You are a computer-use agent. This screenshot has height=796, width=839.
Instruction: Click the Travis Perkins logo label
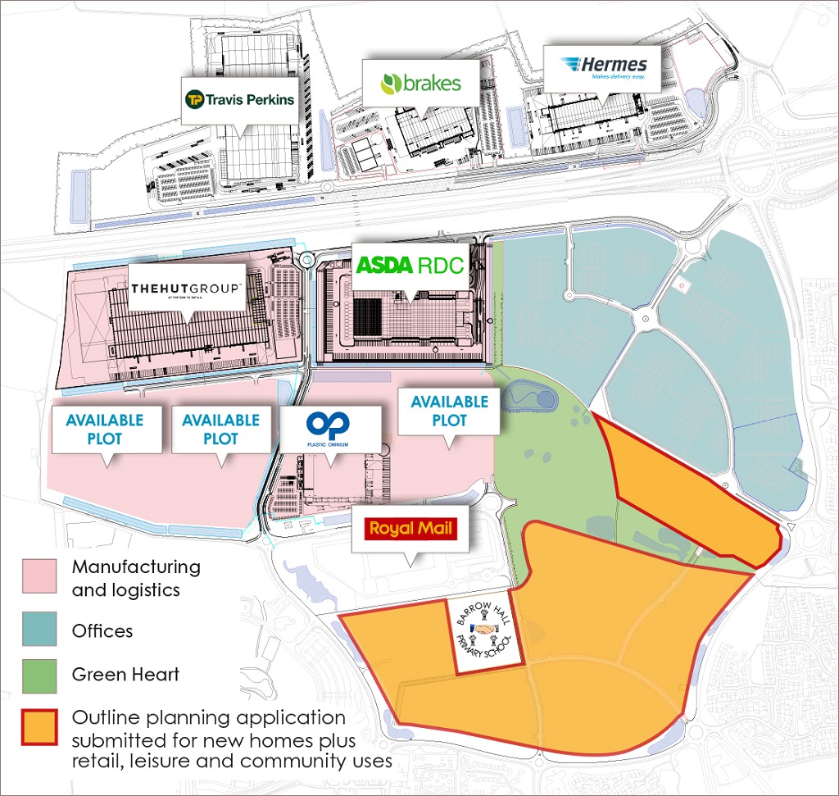pyautogui.click(x=238, y=101)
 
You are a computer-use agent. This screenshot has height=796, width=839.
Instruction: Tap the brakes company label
pyautogui.click(x=421, y=83)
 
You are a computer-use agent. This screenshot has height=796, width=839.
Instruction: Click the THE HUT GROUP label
pyautogui.click(x=186, y=289)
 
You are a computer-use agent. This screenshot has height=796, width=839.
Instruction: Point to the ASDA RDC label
pyautogui.click(x=410, y=266)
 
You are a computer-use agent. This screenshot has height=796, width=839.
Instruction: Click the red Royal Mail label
pyautogui.click(x=410, y=528)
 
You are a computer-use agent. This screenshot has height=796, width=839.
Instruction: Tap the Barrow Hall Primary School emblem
pyautogui.click(x=489, y=636)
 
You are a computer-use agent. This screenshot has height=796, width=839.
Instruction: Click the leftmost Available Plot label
pyautogui.click(x=105, y=430)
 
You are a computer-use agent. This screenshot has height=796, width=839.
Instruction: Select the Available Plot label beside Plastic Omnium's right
pyautogui.click(x=450, y=411)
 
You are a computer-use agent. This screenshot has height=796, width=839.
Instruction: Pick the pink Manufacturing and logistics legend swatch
pyautogui.click(x=39, y=576)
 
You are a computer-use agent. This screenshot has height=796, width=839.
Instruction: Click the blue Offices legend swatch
pyautogui.click(x=39, y=629)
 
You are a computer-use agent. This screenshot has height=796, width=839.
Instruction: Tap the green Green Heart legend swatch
pyautogui.click(x=39, y=675)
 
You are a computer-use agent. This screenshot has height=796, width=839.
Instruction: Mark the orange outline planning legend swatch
pyautogui.click(x=39, y=727)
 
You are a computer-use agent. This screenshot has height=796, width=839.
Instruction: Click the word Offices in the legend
pyautogui.click(x=102, y=630)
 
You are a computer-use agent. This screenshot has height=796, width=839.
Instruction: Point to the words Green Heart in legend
pyautogui.click(x=125, y=675)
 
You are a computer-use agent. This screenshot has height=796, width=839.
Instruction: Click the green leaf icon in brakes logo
pyautogui.click(x=390, y=84)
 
